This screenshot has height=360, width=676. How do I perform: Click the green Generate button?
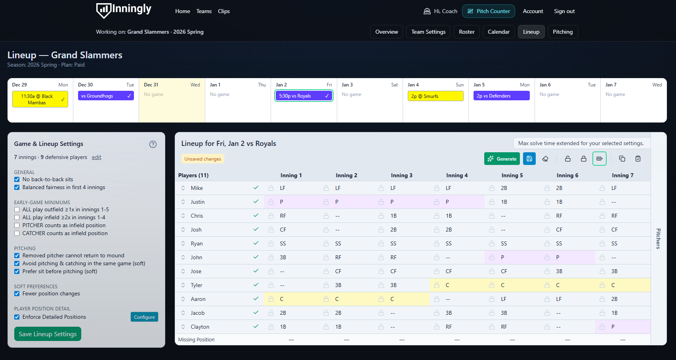pyautogui.click(x=502, y=159)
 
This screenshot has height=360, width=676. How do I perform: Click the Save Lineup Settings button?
pyautogui.click(x=48, y=334)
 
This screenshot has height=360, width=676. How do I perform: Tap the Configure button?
pyautogui.click(x=144, y=317)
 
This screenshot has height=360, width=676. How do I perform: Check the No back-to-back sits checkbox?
pyautogui.click(x=17, y=179)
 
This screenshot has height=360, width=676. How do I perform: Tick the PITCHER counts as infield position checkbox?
pyautogui.click(x=17, y=225)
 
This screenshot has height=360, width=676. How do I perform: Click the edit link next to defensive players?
pyautogui.click(x=96, y=157)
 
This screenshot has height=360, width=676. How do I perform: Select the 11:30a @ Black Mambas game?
pyautogui.click(x=40, y=99)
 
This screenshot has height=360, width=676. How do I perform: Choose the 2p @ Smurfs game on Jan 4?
pyautogui.click(x=435, y=96)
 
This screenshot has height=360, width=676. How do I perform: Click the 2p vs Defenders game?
pyautogui.click(x=501, y=96)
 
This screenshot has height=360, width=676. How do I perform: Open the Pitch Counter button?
pyautogui.click(x=488, y=11)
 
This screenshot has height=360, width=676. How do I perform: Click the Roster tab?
pyautogui.click(x=466, y=32)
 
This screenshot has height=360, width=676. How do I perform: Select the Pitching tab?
pyautogui.click(x=562, y=32)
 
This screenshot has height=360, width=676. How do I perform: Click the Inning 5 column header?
pyautogui.click(x=512, y=175)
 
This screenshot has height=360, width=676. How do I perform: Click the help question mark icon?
pyautogui.click(x=153, y=144)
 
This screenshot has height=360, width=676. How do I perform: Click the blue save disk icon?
pyautogui.click(x=529, y=159)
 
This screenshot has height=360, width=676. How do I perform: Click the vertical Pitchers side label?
pyautogui.click(x=658, y=238)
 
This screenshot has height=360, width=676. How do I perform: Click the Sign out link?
pyautogui.click(x=564, y=11)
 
